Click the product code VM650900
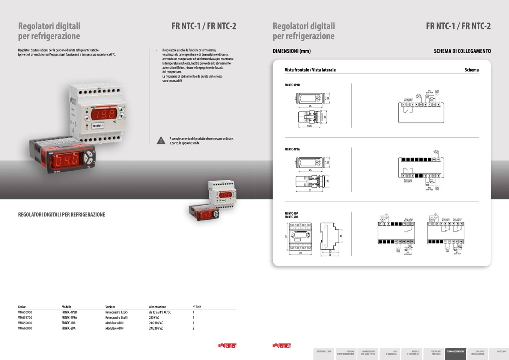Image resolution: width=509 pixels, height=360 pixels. (x=25, y=312)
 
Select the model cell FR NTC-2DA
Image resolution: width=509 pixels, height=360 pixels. (x=69, y=328)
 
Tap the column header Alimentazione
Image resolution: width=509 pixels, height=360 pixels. (x=157, y=307)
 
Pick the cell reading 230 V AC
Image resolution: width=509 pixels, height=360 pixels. (x=154, y=318)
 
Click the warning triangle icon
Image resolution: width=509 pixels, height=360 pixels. (x=161, y=140)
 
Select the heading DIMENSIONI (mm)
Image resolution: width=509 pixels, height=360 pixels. (x=292, y=51)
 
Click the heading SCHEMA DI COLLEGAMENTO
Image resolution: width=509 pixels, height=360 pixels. (x=462, y=51)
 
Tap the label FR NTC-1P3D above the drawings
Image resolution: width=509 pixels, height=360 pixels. (x=292, y=85)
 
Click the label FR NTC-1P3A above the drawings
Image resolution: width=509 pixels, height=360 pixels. (x=292, y=149)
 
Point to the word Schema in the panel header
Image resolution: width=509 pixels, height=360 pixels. (x=471, y=70)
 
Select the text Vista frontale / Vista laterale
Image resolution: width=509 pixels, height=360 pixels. (x=310, y=70)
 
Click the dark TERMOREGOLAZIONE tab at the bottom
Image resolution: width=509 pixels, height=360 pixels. (x=455, y=353)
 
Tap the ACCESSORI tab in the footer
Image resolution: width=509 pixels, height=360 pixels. (x=501, y=352)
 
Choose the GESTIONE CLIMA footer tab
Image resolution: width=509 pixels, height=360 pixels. (x=324, y=352)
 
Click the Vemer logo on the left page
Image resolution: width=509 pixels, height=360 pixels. (x=227, y=345)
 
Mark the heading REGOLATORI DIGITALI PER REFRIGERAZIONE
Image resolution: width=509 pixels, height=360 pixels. (x=62, y=215)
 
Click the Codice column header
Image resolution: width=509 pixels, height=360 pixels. (x=22, y=307)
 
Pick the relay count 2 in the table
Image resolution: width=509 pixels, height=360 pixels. (x=194, y=328)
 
